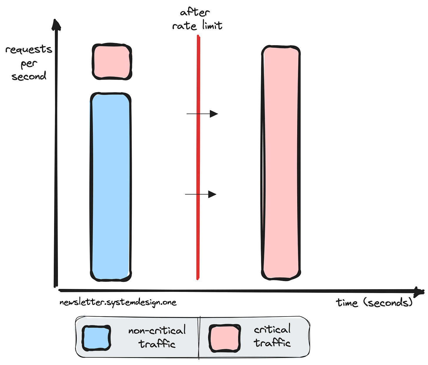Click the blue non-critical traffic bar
point(111,187)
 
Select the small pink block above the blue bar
point(112,62)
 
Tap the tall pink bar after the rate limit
point(281,162)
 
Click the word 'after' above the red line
point(195,12)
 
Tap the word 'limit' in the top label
point(212,26)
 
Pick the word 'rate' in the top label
point(184,26)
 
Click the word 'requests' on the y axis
point(29,49)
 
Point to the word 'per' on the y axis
point(29,64)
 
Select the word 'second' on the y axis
point(29,77)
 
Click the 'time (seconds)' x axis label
point(374,302)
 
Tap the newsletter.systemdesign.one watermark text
point(118,302)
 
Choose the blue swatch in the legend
point(96,338)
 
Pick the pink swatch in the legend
point(225,338)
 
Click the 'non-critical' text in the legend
point(157,331)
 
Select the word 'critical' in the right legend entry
point(272,329)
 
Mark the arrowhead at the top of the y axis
point(56,25)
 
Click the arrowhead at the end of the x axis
point(419,292)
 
